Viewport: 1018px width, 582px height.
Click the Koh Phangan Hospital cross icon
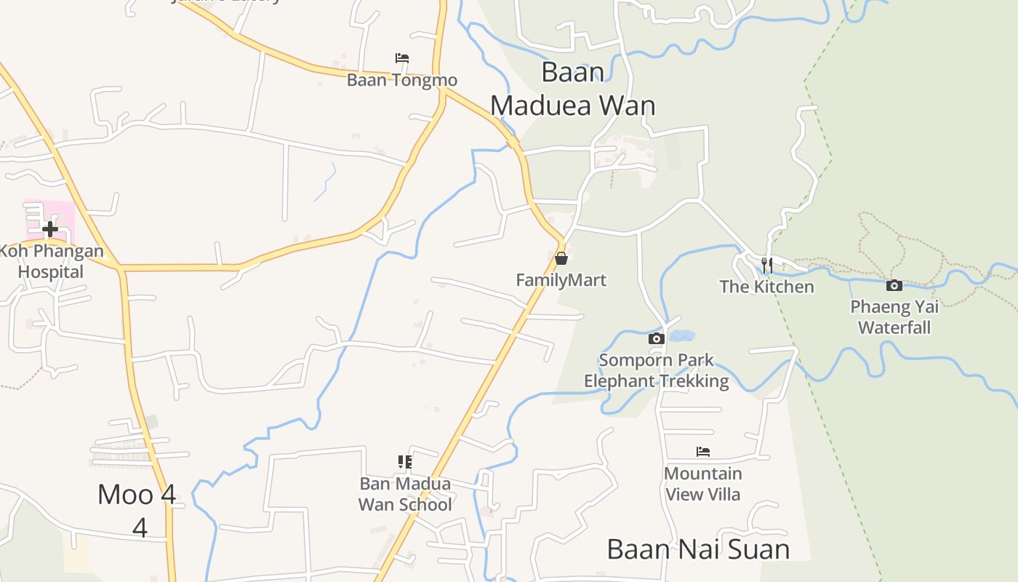coord(50,230)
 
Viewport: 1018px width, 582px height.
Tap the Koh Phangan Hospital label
coord(51,262)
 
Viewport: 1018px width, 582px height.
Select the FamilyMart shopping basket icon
coord(561,258)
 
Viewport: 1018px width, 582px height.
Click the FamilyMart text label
coord(561,280)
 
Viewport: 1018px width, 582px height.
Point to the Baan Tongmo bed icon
coord(402,58)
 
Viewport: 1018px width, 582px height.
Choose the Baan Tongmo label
coord(401,80)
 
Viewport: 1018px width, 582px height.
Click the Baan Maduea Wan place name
coord(573,89)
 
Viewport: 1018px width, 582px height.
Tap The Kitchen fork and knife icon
coord(766,265)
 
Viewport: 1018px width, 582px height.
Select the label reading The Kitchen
coord(766,287)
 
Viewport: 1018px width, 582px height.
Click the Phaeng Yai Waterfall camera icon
coord(894,286)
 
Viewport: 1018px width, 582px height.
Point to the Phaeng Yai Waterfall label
coord(894,317)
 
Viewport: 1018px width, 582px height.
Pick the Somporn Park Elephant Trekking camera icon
coord(656,338)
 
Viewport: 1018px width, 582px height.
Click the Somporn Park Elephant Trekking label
coord(656,370)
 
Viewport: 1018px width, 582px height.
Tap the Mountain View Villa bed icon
coord(702,452)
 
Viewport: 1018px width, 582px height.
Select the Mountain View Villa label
coord(702,484)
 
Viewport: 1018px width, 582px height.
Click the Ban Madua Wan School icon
coord(405,462)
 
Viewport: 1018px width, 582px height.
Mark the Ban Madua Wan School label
coord(405,494)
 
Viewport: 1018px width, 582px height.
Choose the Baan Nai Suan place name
coord(698,549)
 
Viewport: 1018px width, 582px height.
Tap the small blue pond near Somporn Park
coord(681,336)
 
